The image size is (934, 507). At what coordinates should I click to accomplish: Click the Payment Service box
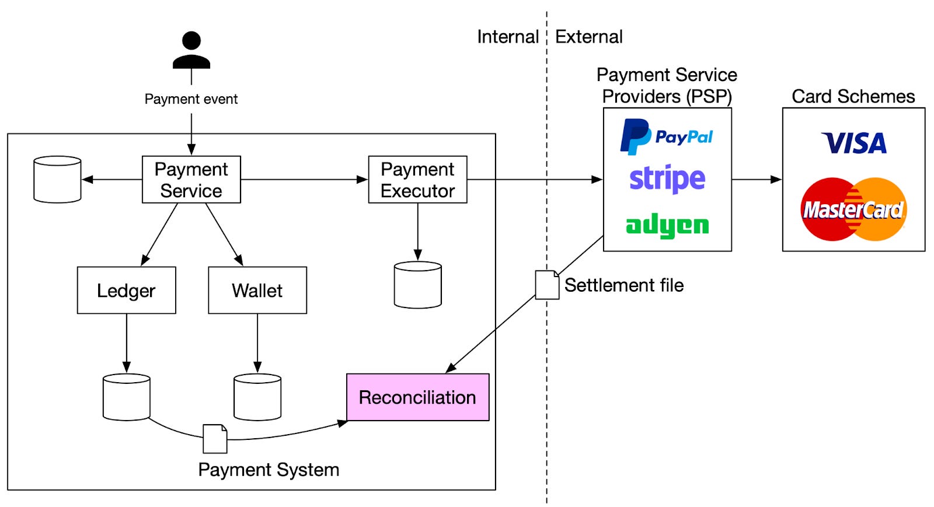[x=191, y=180]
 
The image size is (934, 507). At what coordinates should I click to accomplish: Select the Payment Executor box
[x=417, y=180]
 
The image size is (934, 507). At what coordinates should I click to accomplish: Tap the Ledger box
[x=126, y=291]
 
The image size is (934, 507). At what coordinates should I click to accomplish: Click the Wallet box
[x=257, y=291]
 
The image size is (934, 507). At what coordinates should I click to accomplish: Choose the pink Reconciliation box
[x=417, y=397]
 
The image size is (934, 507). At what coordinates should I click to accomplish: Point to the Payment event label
[x=191, y=99]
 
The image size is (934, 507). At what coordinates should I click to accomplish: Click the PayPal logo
[x=667, y=137]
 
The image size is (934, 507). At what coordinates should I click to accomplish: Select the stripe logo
[x=667, y=179]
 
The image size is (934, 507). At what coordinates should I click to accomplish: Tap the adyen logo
[x=667, y=226]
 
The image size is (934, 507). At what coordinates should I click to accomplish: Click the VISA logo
[x=853, y=144]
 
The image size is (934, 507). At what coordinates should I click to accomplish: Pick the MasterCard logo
[x=853, y=209]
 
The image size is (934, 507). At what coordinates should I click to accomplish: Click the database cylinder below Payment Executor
[x=417, y=285]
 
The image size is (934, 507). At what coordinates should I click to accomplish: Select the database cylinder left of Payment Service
[x=57, y=180]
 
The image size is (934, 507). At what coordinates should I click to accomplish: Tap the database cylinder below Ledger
[x=126, y=397]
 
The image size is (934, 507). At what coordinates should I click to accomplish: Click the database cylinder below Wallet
[x=257, y=397]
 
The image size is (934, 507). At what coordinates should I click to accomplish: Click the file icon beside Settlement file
[x=547, y=285]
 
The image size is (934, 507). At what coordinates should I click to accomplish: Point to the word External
[x=588, y=37]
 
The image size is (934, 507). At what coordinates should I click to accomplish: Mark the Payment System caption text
[x=269, y=470]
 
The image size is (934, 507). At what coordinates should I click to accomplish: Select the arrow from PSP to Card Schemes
[x=757, y=180]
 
